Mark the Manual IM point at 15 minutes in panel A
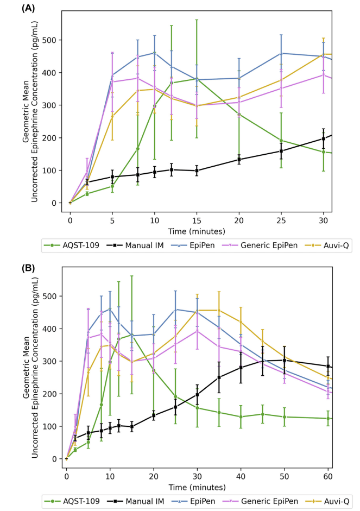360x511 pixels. pyautogui.click(x=197, y=171)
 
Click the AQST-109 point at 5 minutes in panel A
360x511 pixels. pyautogui.click(x=112, y=186)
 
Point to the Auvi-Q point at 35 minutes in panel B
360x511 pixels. pyautogui.click(x=219, y=310)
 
